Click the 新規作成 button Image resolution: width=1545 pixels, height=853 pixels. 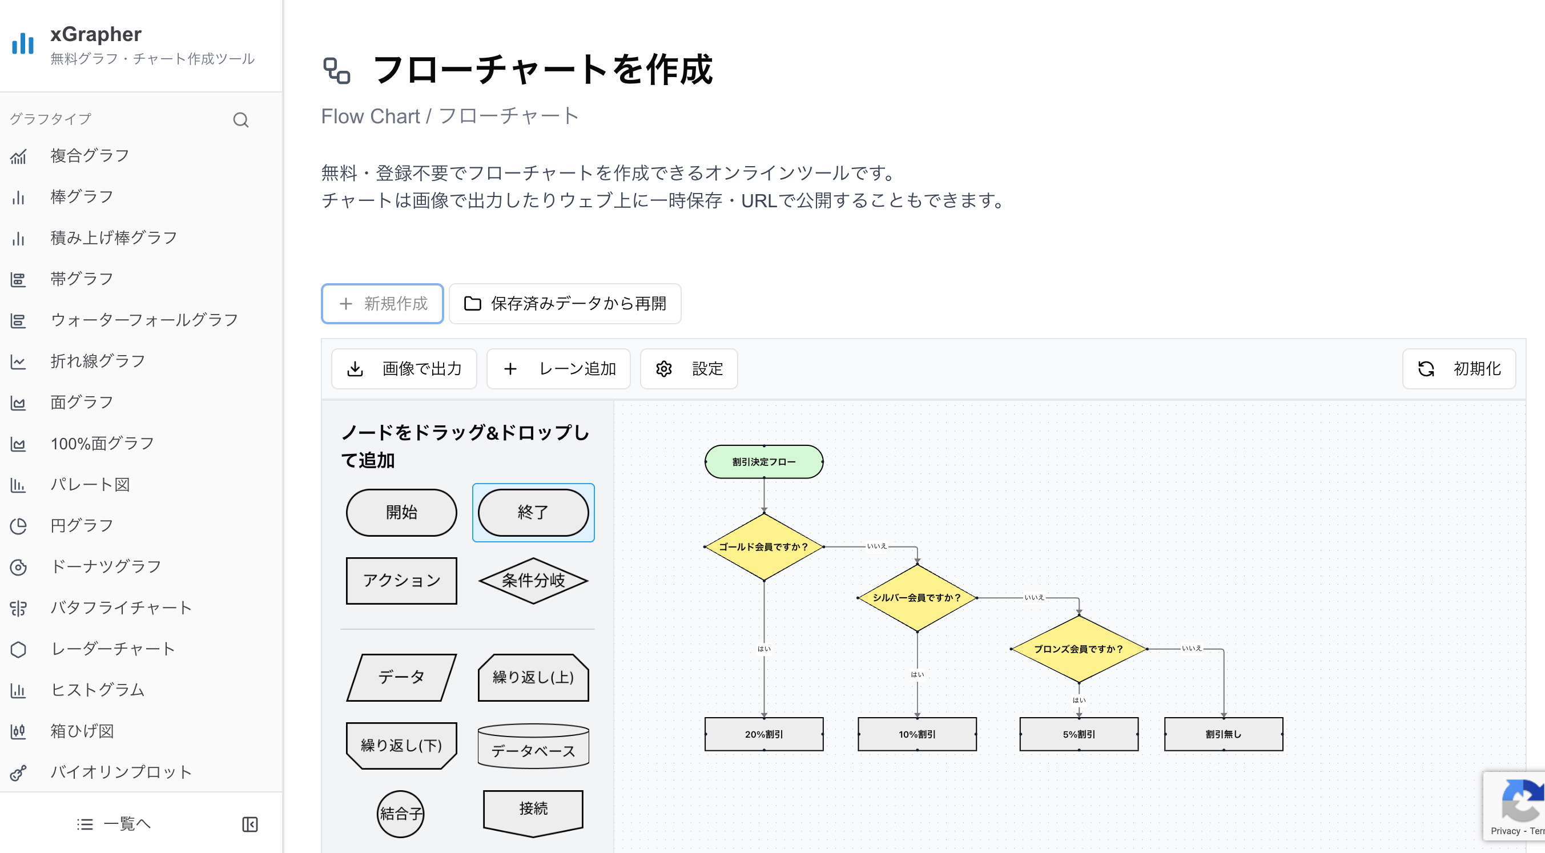(x=382, y=304)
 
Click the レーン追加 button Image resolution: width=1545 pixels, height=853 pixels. (x=558, y=368)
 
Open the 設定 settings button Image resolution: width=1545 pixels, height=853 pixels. (x=689, y=368)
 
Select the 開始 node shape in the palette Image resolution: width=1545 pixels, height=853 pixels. (x=401, y=512)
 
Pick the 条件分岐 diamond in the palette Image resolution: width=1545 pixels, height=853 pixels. (x=533, y=580)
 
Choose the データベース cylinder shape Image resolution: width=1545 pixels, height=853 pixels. (x=533, y=746)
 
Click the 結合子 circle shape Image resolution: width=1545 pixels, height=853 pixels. (x=401, y=814)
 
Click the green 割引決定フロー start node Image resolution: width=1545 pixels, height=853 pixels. (x=763, y=462)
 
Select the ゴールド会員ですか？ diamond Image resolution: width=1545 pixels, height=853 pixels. (x=763, y=546)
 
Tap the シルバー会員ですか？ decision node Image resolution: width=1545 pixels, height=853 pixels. (x=916, y=597)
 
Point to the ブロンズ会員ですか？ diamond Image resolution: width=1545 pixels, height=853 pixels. (x=1079, y=649)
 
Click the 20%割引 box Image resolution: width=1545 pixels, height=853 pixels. (x=763, y=734)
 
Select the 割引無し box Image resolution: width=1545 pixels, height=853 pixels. (x=1223, y=734)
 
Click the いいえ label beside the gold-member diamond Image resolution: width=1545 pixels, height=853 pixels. (x=876, y=546)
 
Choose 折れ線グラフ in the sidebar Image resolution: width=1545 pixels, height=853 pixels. (x=98, y=361)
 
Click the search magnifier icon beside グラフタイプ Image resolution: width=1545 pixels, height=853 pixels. (x=240, y=120)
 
